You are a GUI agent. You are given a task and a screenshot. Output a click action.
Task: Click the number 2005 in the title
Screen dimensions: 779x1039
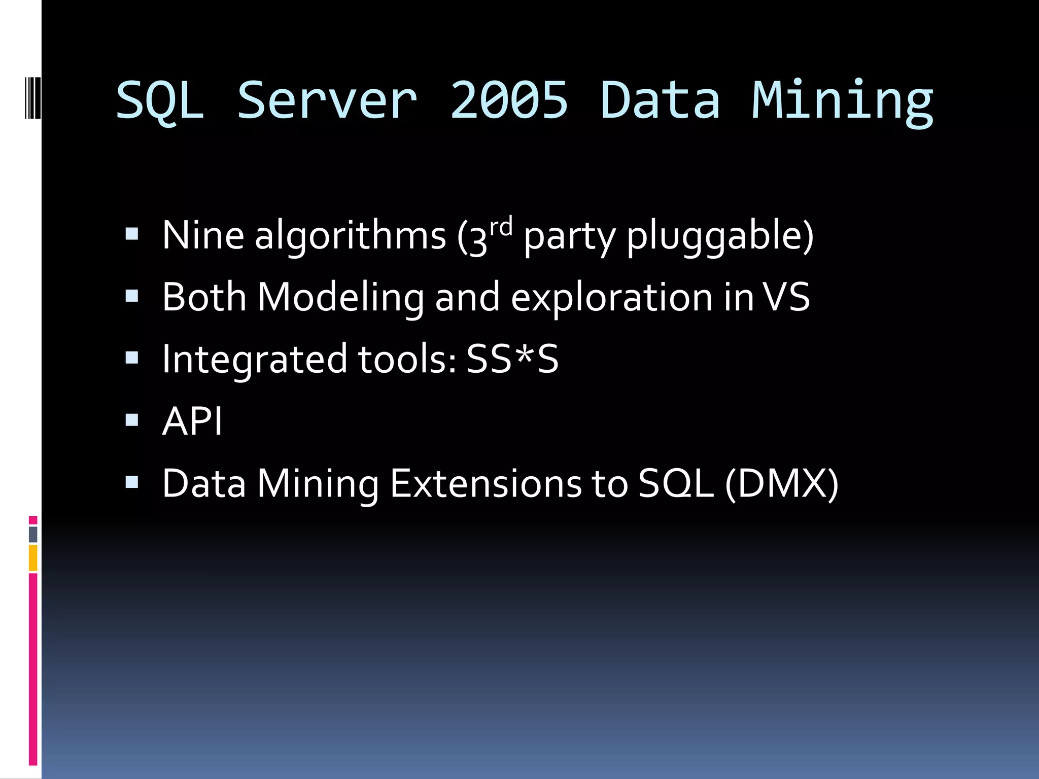click(x=509, y=100)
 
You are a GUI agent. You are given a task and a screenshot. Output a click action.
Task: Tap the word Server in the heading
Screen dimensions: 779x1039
click(x=328, y=100)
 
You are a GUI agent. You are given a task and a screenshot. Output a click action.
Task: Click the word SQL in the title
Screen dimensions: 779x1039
click(x=160, y=101)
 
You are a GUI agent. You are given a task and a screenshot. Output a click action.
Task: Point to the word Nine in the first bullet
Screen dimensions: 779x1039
click(x=203, y=235)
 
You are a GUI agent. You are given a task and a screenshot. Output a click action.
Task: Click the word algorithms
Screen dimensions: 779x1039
click(x=350, y=236)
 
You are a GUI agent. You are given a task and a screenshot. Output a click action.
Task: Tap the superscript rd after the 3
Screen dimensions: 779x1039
click(x=501, y=226)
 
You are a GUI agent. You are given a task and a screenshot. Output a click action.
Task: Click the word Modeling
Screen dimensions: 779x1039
click(x=340, y=298)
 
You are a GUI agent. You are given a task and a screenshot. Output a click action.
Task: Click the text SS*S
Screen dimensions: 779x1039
click(x=512, y=359)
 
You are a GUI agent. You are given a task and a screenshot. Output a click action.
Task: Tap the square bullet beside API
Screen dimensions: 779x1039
click(x=132, y=420)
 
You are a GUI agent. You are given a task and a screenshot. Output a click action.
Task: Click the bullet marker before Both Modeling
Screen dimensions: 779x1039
click(x=132, y=296)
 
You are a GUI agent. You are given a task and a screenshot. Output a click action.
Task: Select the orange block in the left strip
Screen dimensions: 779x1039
click(x=33, y=558)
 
